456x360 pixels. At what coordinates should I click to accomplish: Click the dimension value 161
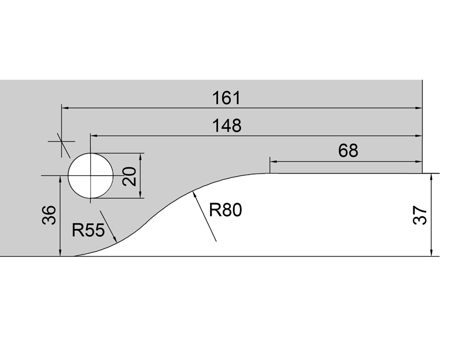pos(227,98)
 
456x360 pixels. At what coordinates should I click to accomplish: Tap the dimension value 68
pos(347,151)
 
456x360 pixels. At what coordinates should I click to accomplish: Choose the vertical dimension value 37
pos(420,216)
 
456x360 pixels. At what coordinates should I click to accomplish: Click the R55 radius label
pos(88,231)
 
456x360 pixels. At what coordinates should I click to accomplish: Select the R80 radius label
pos(226,210)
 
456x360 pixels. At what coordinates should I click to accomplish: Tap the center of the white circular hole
pos(91,175)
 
